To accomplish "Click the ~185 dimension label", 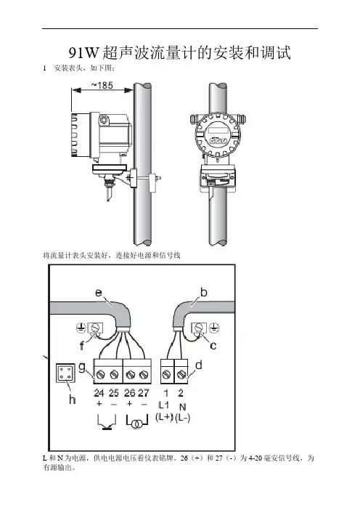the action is (102, 85).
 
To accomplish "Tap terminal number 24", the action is (99, 393).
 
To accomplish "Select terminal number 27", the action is (143, 393).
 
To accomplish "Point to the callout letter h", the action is (72, 399).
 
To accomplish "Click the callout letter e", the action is (99, 293).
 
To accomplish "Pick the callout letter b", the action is (203, 292).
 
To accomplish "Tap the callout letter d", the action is (199, 365).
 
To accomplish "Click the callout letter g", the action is (82, 368).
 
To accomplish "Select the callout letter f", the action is (82, 345).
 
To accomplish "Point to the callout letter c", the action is (213, 345).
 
